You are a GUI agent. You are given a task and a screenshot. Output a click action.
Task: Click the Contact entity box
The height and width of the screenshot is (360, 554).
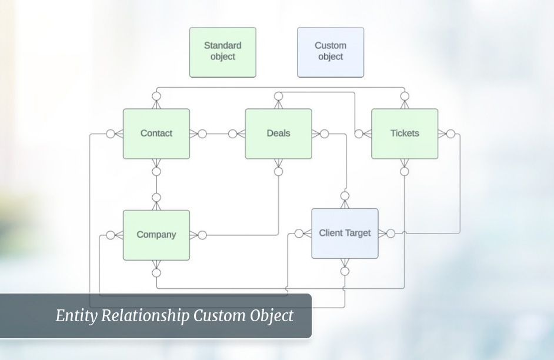[156, 134]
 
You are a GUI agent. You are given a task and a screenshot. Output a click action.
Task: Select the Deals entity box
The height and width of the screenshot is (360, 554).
[278, 134]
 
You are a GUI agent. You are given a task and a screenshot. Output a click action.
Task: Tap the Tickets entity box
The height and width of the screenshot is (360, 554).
[405, 134]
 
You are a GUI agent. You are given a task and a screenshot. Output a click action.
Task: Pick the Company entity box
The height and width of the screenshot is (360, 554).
[156, 235]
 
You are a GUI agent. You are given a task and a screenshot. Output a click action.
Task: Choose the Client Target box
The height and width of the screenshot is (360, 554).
[345, 233]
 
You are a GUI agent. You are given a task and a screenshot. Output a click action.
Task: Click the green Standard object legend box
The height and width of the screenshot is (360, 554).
[223, 52]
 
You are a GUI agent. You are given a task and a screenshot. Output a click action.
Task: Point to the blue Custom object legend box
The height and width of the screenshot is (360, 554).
[331, 52]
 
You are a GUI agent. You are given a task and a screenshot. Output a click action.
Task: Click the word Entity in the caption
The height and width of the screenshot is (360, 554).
[77, 316]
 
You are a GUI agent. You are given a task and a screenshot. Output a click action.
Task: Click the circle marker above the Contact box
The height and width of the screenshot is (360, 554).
[156, 96]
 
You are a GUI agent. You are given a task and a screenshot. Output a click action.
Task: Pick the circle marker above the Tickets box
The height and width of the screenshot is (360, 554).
[405, 96]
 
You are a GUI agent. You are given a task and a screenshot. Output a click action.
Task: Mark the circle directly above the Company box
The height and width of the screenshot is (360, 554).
[156, 197]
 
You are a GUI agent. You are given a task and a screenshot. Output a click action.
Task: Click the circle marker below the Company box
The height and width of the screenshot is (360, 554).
[156, 273]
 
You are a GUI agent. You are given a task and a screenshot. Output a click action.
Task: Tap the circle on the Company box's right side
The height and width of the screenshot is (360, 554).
[202, 235]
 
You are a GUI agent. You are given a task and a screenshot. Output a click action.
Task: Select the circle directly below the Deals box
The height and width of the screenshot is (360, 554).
[279, 171]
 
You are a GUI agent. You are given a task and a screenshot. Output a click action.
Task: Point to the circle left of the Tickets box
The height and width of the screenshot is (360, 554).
[359, 134]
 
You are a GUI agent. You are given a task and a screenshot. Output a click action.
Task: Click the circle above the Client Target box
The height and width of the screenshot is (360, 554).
[345, 196]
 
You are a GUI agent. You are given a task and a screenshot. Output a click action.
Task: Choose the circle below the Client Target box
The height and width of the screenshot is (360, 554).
[345, 271]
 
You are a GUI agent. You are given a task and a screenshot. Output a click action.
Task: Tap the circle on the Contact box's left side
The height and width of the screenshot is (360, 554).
[111, 134]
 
